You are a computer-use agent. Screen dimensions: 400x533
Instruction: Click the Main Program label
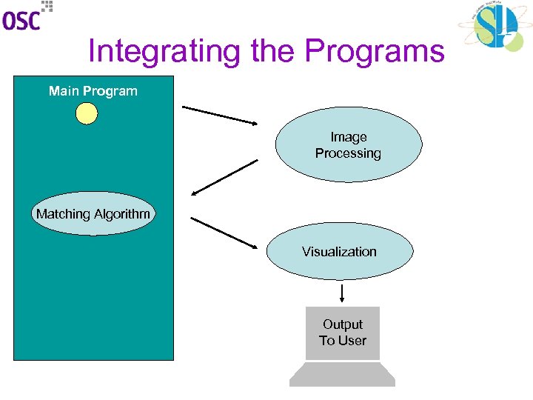93,91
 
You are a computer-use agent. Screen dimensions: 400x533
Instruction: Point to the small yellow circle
87,113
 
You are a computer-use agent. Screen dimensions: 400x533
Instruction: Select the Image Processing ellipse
349,145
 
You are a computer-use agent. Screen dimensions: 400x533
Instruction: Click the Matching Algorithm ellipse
93,214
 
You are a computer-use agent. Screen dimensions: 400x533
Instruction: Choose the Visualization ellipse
339,252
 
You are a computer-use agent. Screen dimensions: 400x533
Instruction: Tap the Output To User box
342,333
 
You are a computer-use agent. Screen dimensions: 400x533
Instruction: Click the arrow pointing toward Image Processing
220,115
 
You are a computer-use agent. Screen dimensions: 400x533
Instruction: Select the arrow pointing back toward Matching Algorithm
225,178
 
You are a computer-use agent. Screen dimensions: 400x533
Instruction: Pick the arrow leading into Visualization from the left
223,232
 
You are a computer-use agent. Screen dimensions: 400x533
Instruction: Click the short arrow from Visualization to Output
342,293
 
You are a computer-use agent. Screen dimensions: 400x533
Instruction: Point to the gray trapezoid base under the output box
342,374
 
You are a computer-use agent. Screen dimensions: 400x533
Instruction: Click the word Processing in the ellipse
348,153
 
